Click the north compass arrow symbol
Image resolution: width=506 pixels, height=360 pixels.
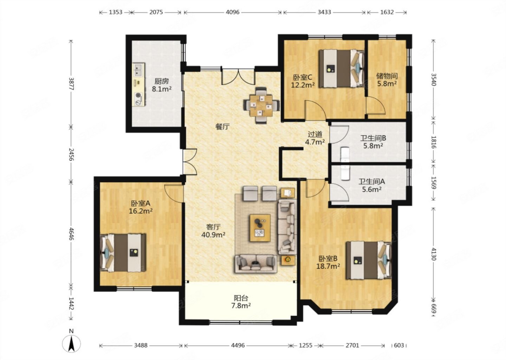click(72, 343)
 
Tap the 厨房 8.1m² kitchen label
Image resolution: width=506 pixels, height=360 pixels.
click(162, 85)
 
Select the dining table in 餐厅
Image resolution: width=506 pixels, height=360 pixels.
click(262, 105)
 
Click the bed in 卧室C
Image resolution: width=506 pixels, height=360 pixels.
click(342, 69)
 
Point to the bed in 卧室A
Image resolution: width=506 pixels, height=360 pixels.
click(123, 253)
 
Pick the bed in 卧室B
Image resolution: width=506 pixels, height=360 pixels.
click(369, 261)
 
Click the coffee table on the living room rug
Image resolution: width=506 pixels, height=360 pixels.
click(260, 228)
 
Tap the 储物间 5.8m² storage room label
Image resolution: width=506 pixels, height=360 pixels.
click(387, 80)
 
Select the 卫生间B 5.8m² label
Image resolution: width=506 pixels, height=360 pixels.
click(373, 142)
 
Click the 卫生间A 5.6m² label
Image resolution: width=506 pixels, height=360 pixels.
click(372, 185)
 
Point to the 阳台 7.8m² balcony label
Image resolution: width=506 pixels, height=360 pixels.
click(241, 302)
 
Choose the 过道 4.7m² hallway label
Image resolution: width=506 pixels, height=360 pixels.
click(315, 138)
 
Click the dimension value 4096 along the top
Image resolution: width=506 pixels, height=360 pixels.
click(233, 12)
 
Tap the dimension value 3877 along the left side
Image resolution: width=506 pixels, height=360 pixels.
click(71, 84)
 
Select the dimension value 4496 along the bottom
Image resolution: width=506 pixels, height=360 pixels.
click(238, 345)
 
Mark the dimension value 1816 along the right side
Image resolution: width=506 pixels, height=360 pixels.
click(434, 142)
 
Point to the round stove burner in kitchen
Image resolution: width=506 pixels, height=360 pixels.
click(137, 96)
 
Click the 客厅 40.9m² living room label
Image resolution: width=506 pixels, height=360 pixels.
click(213, 231)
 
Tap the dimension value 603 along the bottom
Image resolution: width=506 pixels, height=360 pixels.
click(399, 345)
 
